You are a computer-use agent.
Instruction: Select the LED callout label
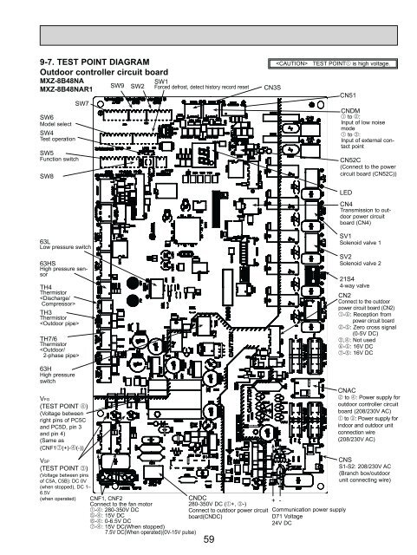pos(346,191)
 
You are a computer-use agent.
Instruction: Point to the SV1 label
pos(347,236)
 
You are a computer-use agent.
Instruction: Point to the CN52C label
pos(352,160)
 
